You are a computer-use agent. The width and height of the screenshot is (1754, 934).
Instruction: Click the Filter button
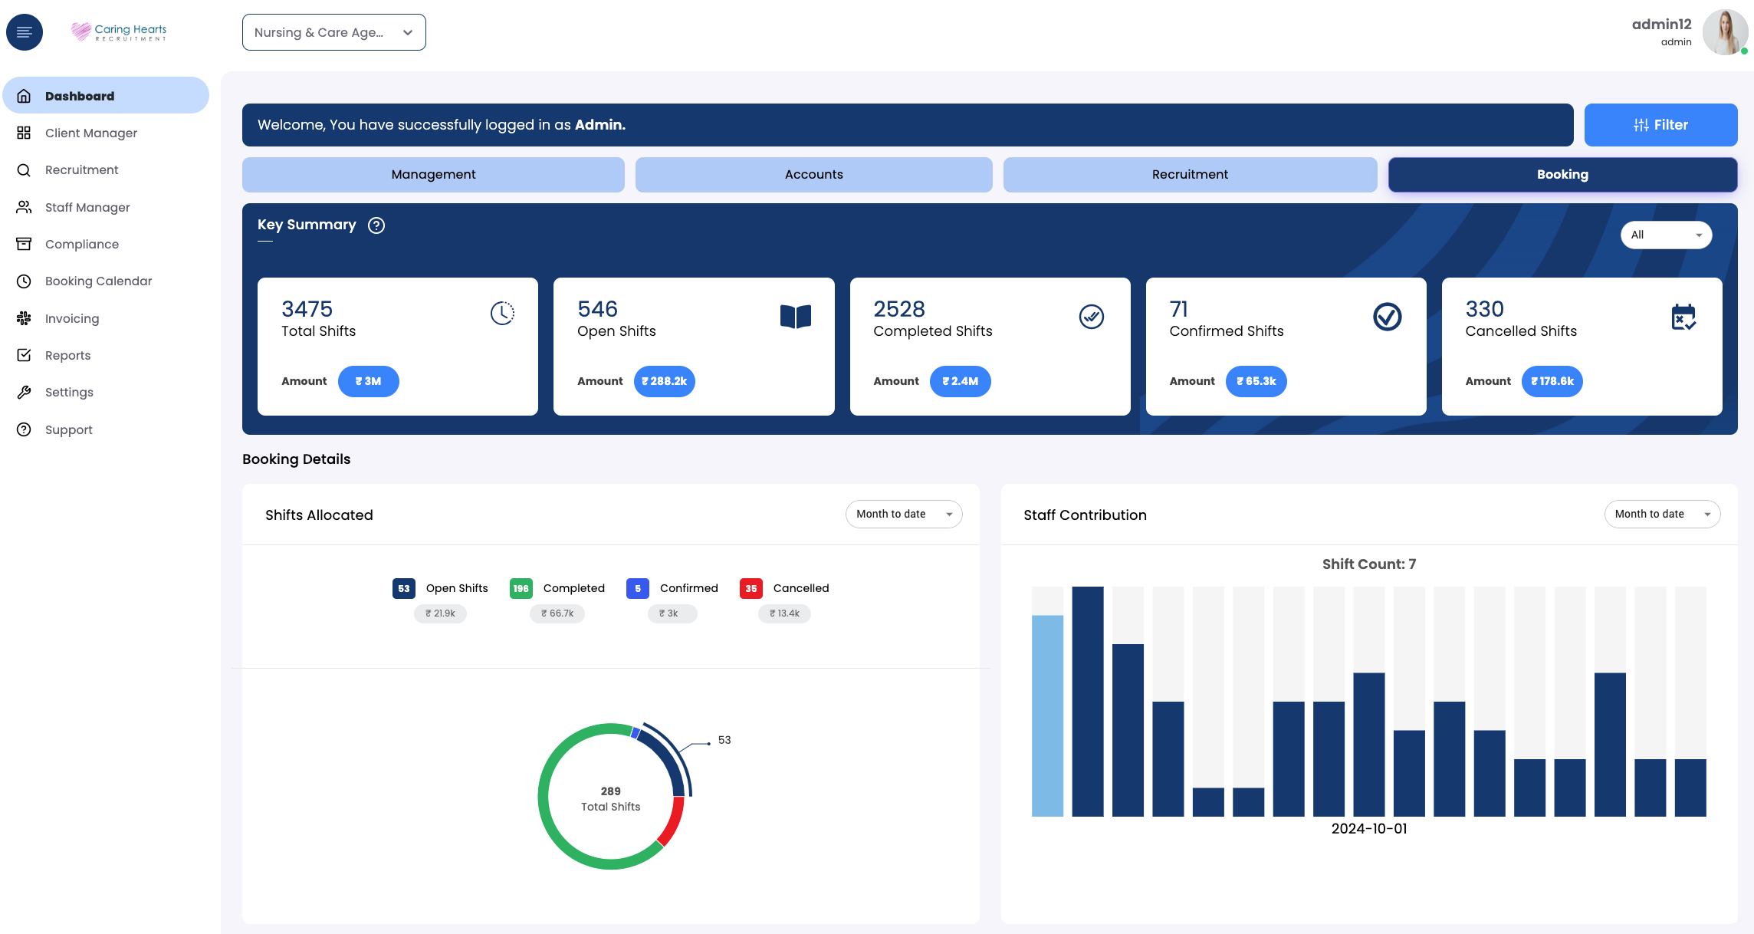(x=1660, y=125)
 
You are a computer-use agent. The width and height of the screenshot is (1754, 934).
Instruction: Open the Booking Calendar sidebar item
(x=98, y=281)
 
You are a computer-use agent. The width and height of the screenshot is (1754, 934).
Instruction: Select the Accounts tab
(x=813, y=175)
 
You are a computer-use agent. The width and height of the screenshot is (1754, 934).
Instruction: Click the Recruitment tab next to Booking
(x=1190, y=175)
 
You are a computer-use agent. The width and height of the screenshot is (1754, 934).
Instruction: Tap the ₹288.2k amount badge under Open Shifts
(x=664, y=381)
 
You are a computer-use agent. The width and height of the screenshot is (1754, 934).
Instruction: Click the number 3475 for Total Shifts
(x=307, y=309)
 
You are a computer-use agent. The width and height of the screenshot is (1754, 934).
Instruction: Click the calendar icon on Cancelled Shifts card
(x=1683, y=317)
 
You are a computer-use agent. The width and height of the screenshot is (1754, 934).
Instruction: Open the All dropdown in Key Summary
(x=1666, y=235)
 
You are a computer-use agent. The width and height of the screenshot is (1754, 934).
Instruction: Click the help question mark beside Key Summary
(x=376, y=225)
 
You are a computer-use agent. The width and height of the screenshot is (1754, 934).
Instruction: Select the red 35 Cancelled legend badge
(x=751, y=589)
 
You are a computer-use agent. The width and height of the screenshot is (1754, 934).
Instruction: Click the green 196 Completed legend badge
(x=521, y=589)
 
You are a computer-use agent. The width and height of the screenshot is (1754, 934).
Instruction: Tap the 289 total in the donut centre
(x=611, y=791)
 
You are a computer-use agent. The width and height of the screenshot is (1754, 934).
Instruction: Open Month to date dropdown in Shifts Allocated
(x=903, y=515)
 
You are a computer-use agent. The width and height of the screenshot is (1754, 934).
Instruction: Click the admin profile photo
(x=1724, y=32)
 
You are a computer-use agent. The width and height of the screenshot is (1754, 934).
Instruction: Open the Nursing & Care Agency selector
(x=333, y=32)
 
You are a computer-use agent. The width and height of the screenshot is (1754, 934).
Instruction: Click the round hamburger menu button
(x=25, y=32)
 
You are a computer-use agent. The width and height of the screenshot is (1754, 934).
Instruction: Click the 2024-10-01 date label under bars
(x=1369, y=829)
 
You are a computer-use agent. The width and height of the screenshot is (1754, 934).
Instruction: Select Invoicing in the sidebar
(x=72, y=319)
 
